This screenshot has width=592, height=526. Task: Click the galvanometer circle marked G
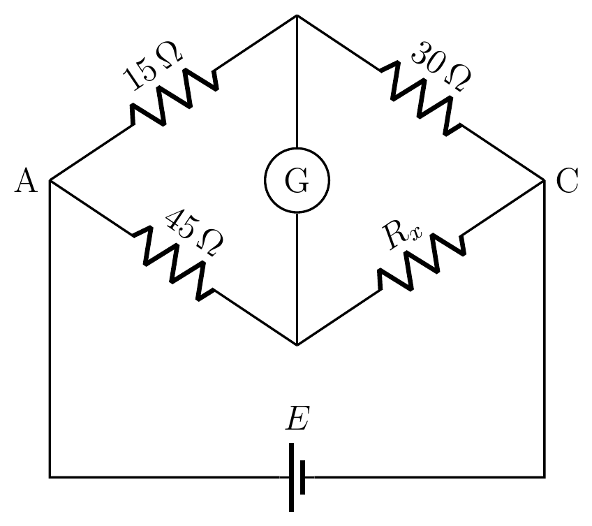pyautogui.click(x=297, y=148)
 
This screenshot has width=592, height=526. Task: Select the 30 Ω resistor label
pyautogui.click(x=441, y=66)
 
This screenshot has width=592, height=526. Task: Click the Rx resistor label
pyautogui.click(x=401, y=235)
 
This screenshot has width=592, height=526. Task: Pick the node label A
pyautogui.click(x=26, y=181)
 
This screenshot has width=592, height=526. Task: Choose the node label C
pyautogui.click(x=567, y=181)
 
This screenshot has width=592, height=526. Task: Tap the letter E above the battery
pyautogui.click(x=297, y=418)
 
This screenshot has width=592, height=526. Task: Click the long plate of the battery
pyautogui.click(x=292, y=477)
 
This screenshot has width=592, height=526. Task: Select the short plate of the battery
pyautogui.click(x=303, y=477)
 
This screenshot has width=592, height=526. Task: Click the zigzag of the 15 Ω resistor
pyautogui.click(x=175, y=96)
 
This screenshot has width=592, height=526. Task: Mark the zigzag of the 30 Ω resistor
pyautogui.click(x=420, y=98)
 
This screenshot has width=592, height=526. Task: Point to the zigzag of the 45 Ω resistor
pyautogui.click(x=173, y=263)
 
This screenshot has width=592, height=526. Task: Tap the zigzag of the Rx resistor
pyautogui.click(x=422, y=262)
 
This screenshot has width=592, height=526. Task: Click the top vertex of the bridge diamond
pyautogui.click(x=297, y=15)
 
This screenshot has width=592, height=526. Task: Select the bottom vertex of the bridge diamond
pyautogui.click(x=297, y=345)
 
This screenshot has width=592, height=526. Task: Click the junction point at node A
pyautogui.click(x=50, y=181)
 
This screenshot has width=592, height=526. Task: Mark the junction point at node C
pyautogui.click(x=545, y=181)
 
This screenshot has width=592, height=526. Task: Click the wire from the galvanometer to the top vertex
pyautogui.click(x=297, y=82)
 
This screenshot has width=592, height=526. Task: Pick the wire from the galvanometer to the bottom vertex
pyautogui.click(x=297, y=279)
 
